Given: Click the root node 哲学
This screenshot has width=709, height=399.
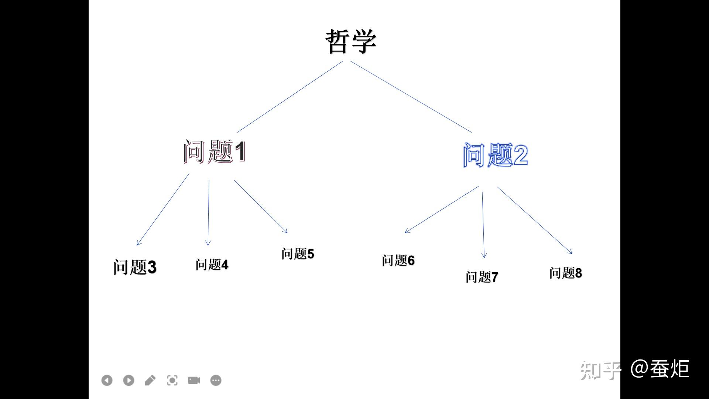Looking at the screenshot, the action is pyautogui.click(x=351, y=41).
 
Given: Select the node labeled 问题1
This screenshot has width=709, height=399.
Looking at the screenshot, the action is pyautogui.click(x=215, y=151).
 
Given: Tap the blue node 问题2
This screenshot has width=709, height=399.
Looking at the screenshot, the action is pyautogui.click(x=495, y=155).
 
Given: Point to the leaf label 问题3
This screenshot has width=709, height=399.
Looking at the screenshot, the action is pyautogui.click(x=135, y=267).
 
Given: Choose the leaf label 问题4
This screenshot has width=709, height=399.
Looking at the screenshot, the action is pyautogui.click(x=212, y=265).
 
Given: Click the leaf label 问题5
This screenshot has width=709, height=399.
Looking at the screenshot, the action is pyautogui.click(x=298, y=254).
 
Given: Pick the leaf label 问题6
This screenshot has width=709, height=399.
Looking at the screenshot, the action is pyautogui.click(x=398, y=260).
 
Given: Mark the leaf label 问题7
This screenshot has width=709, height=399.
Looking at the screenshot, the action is pyautogui.click(x=482, y=277).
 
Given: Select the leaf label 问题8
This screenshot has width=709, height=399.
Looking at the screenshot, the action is pyautogui.click(x=565, y=273).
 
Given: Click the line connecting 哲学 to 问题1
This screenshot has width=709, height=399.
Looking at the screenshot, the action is pyautogui.click(x=290, y=97).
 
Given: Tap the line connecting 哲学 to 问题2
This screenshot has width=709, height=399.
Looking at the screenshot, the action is pyautogui.click(x=411, y=97).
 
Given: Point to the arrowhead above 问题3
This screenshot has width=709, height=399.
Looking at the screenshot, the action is pyautogui.click(x=138, y=243).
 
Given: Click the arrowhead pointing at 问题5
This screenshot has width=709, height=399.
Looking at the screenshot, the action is pyautogui.click(x=286, y=231).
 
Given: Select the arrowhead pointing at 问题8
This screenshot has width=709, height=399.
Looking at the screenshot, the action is pyautogui.click(x=571, y=252).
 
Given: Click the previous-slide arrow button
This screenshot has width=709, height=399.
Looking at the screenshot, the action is pyautogui.click(x=107, y=380).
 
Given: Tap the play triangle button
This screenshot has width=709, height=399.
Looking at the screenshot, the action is pyautogui.click(x=129, y=380).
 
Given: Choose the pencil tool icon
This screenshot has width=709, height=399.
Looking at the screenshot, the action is pyautogui.click(x=150, y=380).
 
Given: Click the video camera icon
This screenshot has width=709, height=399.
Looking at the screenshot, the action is pyautogui.click(x=194, y=380).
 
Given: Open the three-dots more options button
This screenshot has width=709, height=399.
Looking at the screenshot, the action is pyautogui.click(x=216, y=380).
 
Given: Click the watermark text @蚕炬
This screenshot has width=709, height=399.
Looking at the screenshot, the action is pyautogui.click(x=660, y=369).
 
